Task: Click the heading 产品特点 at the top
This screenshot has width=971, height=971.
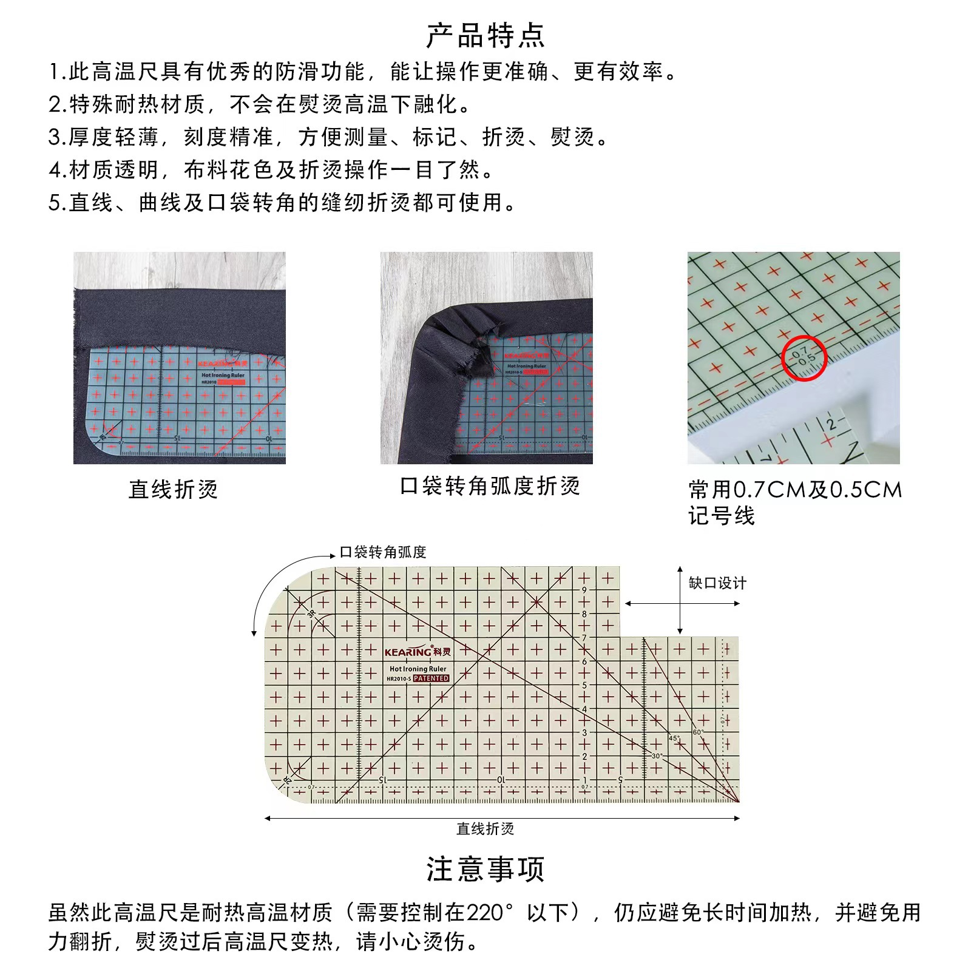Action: tap(486, 36)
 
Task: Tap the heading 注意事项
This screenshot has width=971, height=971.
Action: tap(486, 869)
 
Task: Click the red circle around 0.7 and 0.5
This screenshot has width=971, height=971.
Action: tap(804, 357)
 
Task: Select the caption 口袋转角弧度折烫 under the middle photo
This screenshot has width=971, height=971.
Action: tap(490, 486)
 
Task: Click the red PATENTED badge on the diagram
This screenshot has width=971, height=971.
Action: tap(431, 678)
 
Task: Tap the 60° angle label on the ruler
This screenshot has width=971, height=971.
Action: tap(697, 732)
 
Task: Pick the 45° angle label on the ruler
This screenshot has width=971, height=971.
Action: tap(674, 739)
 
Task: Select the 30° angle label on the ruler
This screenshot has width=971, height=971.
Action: tap(657, 756)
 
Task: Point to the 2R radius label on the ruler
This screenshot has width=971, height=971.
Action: tap(288, 779)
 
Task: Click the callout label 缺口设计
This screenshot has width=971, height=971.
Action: tap(717, 583)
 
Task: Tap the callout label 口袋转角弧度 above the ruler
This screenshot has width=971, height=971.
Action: tap(383, 552)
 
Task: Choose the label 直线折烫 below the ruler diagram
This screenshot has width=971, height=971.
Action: tap(485, 829)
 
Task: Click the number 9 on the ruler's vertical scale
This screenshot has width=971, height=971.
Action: tap(584, 590)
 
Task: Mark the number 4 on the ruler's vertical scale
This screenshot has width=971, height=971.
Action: tap(584, 709)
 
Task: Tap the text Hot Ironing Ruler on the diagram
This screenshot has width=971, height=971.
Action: tap(418, 669)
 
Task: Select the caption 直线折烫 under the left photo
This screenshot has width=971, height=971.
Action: tap(173, 489)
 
